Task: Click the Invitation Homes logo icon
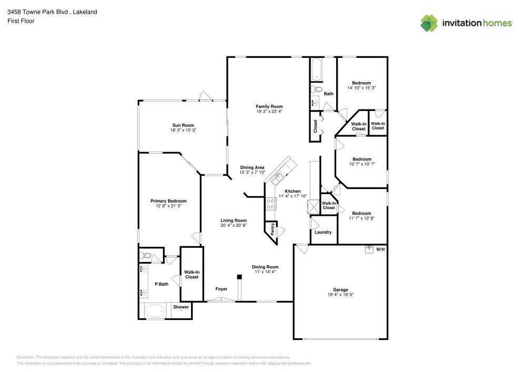click(x=429, y=23)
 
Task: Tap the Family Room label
click(x=269, y=106)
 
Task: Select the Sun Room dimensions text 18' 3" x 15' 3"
click(x=183, y=130)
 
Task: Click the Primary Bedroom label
click(x=168, y=201)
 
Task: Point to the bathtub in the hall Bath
click(x=316, y=69)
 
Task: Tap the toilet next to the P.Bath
click(x=146, y=256)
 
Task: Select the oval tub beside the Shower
click(x=155, y=310)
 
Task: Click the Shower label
click(x=181, y=307)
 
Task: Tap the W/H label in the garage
click(x=380, y=249)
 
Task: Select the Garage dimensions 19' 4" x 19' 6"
click(x=340, y=295)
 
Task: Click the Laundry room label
click(x=322, y=232)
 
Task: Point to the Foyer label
click(x=221, y=289)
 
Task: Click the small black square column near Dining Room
click(x=239, y=276)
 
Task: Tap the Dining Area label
click(x=252, y=167)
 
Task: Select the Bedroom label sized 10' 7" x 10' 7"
click(x=361, y=159)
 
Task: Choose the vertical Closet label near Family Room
click(x=316, y=127)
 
